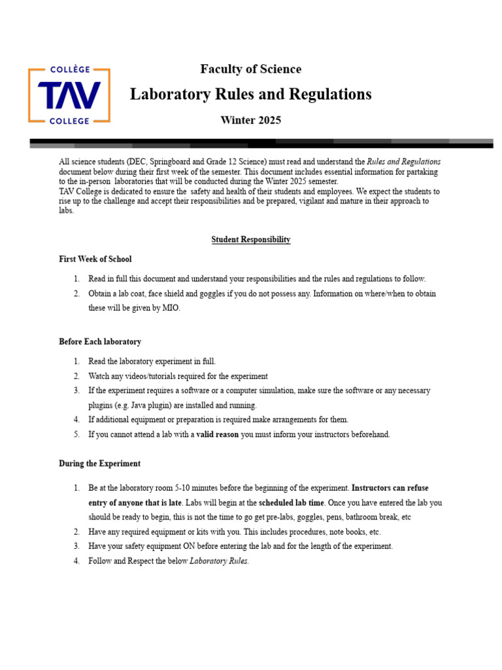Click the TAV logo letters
tap(69, 96)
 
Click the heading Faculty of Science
tap(250, 69)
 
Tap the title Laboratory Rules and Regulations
tap(250, 94)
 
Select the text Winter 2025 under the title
tap(250, 120)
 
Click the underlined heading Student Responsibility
tap(250, 239)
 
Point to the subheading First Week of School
tap(95, 259)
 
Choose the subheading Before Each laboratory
tap(99, 342)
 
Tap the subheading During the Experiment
tap(99, 463)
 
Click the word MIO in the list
tap(169, 308)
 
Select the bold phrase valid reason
tap(217, 434)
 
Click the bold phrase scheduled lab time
tap(291, 502)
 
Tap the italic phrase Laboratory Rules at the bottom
tap(218, 561)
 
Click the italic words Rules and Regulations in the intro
tap(403, 162)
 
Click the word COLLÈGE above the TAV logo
tap(69, 69)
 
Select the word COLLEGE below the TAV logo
tap(69, 121)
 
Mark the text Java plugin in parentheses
tap(133, 405)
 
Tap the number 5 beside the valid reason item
tap(76, 434)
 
